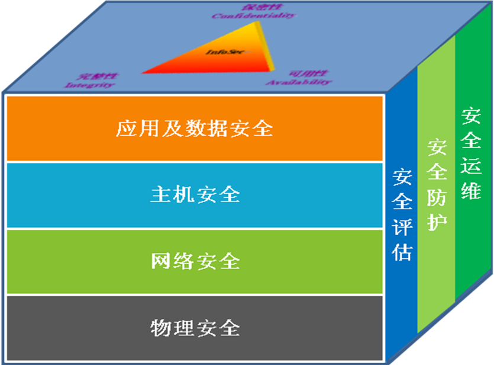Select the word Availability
pos(298,82)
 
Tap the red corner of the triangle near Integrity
pos(148,71)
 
